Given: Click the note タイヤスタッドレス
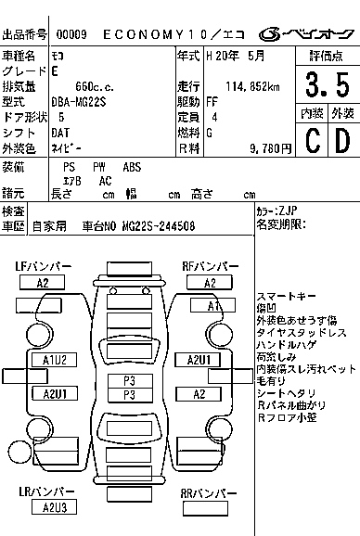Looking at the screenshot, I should click(x=301, y=332).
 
